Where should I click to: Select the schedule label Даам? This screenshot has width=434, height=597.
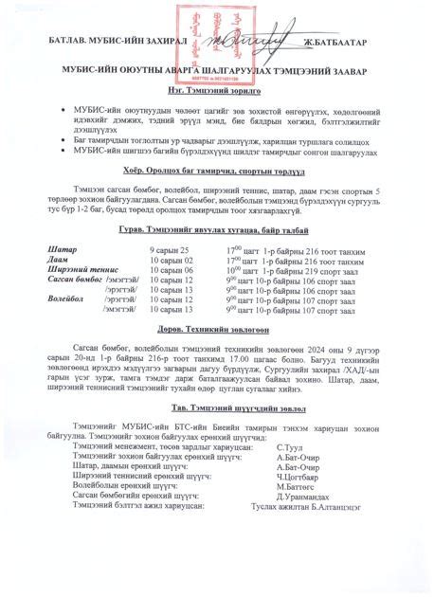[58, 259]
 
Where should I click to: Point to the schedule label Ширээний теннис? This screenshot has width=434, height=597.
[83, 269]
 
